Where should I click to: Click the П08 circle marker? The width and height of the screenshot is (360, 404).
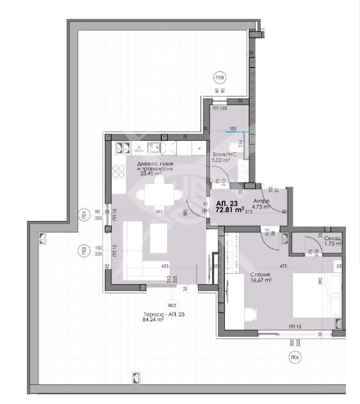220,78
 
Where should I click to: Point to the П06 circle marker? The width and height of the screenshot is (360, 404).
295,358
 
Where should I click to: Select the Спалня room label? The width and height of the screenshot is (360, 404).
260,273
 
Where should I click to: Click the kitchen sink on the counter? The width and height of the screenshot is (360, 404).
154,147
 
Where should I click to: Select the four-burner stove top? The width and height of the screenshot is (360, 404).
120,171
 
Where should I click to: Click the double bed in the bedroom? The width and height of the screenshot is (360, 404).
314,295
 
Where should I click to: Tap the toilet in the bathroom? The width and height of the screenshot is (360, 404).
243,168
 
